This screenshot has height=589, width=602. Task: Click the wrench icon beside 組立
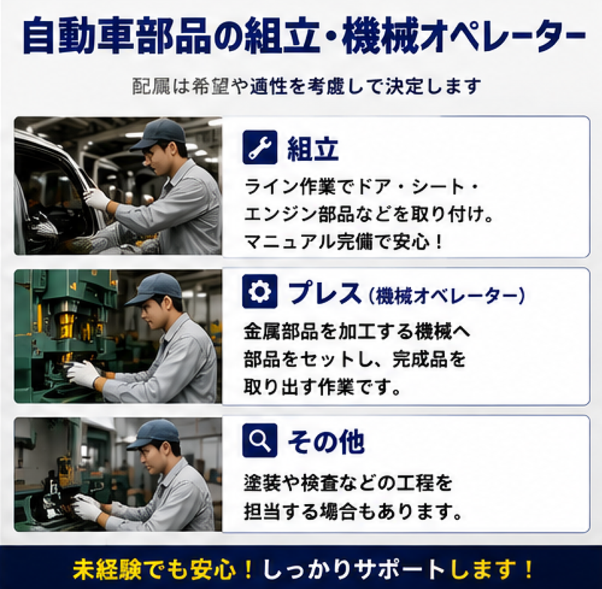[260, 147]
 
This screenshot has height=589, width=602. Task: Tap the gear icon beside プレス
[260, 292]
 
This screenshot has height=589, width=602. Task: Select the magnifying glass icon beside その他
[260, 441]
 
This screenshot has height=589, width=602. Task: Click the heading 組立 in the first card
[312, 149]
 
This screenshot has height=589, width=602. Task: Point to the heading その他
[326, 442]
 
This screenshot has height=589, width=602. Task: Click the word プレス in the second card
[324, 293]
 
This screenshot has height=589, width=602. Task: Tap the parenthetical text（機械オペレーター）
[446, 296]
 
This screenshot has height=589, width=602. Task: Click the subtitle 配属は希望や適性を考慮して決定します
[306, 86]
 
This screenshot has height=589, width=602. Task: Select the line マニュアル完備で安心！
[344, 241]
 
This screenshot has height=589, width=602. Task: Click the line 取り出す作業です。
[323, 387]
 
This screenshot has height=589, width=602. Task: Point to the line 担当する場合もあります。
[353, 512]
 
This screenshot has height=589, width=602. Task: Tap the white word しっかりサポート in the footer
[354, 569]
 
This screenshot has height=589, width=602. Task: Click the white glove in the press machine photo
[84, 373]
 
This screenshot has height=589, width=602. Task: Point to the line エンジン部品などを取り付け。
[369, 214]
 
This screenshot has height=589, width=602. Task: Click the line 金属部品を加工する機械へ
[357, 332]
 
